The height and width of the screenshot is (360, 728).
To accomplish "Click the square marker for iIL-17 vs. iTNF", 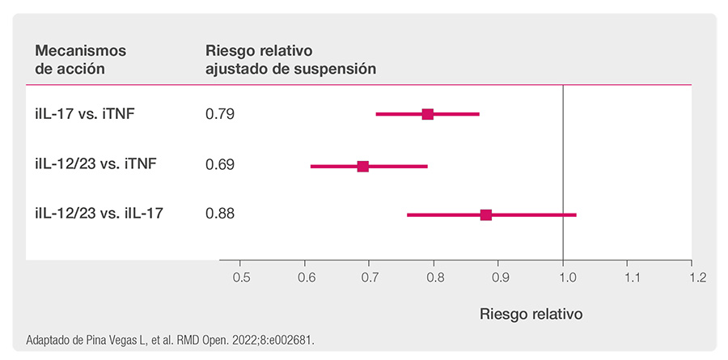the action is (428, 114).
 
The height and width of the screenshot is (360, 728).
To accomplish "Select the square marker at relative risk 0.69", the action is (363, 167).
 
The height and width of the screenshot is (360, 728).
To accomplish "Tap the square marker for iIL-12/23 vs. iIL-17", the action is (486, 214).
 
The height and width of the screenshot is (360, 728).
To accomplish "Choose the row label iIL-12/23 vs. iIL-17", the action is (99, 214).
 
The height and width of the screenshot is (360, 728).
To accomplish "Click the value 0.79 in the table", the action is (219, 114).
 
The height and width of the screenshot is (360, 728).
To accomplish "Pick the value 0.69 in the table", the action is (219, 165).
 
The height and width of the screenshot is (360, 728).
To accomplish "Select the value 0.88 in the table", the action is (219, 214).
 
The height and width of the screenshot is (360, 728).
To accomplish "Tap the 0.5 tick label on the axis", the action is (240, 278).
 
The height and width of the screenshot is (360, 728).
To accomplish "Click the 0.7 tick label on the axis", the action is (370, 278).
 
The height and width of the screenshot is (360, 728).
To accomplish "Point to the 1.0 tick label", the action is (563, 278).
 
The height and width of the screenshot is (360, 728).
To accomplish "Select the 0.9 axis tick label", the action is (498, 278).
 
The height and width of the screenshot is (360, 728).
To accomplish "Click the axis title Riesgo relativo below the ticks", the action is (531, 314).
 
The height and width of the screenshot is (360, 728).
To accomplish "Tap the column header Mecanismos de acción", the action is (81, 59).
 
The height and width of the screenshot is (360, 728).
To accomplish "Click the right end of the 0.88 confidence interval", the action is (576, 214).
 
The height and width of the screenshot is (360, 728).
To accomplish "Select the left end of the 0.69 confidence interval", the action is (311, 167).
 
